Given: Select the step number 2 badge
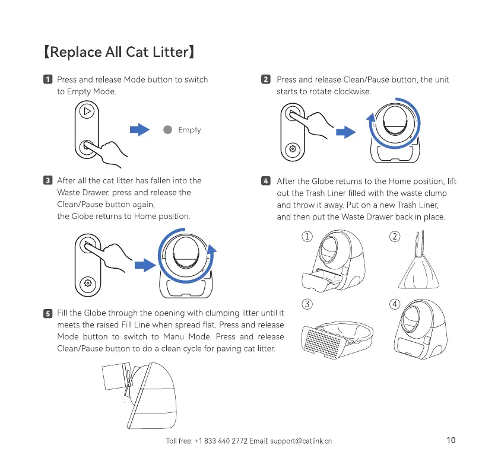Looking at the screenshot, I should [x=267, y=79].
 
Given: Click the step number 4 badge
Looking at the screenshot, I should [x=267, y=181].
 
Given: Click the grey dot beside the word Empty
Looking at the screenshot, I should [x=168, y=130].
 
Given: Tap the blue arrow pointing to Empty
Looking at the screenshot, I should [x=139, y=130].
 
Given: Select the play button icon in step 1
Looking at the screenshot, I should [x=88, y=112].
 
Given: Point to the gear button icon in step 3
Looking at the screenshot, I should [x=88, y=283].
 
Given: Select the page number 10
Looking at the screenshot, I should [x=450, y=440].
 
